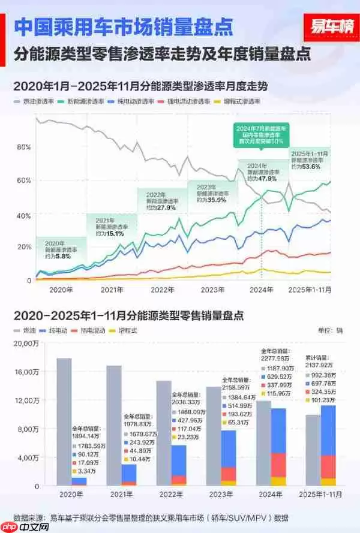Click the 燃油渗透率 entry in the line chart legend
[x=39, y=103]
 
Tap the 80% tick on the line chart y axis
[x=24, y=147]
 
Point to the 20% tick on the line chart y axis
[x=24, y=247]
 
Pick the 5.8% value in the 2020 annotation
[x=62, y=256]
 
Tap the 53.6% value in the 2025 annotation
[x=310, y=167]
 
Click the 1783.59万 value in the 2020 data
[x=90, y=446]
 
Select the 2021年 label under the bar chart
[x=121, y=496]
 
